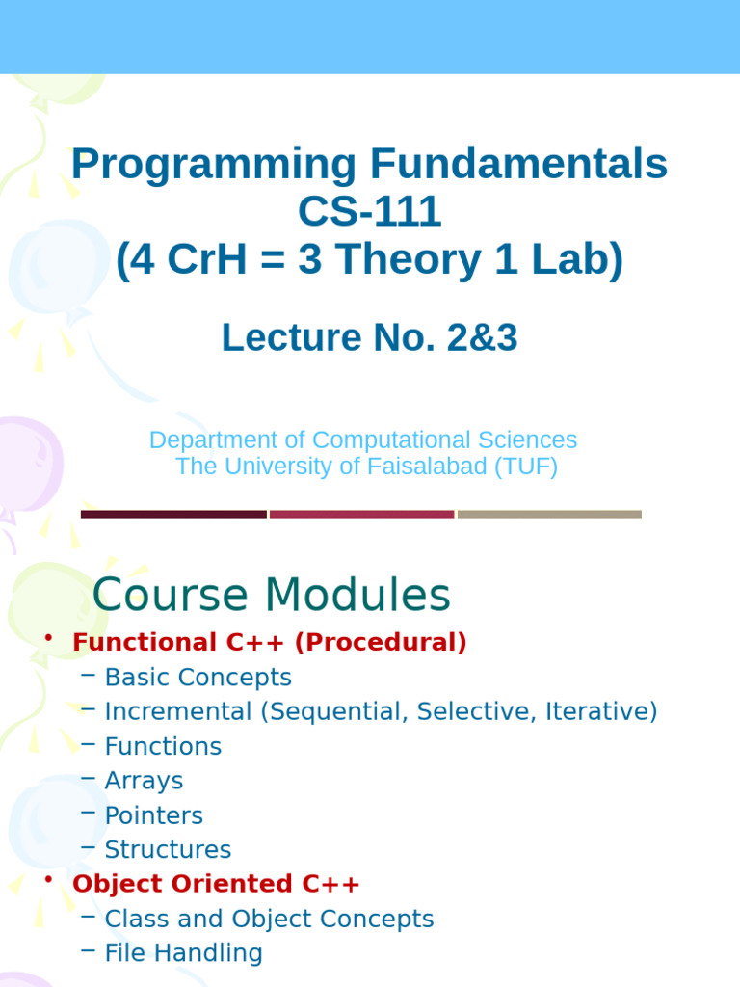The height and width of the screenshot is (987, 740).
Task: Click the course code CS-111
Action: pos(369,211)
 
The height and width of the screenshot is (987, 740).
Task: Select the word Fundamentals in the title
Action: pos(518,164)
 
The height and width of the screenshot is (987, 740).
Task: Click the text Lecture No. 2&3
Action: pos(369,337)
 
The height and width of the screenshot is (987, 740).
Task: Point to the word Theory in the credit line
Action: pos(408,260)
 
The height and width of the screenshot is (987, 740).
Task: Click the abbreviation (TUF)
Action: pos(526,467)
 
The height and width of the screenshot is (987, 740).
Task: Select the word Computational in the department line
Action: pos(391,440)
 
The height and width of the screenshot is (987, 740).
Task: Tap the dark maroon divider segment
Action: pos(173,515)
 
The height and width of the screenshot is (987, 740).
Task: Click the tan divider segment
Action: pos(549,515)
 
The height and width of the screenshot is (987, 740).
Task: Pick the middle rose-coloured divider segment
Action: pos(362,515)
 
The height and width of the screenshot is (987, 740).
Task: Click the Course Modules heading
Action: pos(271,594)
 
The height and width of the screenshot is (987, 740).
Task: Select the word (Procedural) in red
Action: pos(381,642)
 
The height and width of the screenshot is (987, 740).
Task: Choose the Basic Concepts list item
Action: pos(198,678)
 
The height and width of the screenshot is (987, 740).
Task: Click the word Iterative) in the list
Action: pos(601,711)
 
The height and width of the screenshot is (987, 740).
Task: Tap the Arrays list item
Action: pos(145,781)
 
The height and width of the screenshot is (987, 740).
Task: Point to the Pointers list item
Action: pos(154,815)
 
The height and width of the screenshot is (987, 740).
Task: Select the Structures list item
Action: pos(168,850)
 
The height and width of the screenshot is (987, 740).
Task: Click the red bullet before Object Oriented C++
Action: pos(48,879)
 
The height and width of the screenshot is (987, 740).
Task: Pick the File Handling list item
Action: pos(184,953)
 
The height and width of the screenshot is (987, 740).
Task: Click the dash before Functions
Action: pos(88,744)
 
